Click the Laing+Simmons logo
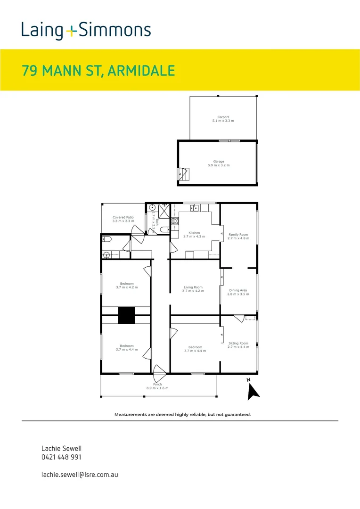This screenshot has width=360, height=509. click(86, 31)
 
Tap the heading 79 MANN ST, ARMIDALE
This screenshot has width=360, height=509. click(98, 71)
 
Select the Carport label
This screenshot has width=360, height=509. click(223, 119)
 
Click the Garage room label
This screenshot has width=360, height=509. click(218, 164)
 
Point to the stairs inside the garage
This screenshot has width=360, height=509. click(183, 174)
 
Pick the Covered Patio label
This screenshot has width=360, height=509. click(123, 219)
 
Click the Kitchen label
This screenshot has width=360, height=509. click(194, 235)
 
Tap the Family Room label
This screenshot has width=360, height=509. click(238, 236)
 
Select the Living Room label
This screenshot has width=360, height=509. click(193, 289)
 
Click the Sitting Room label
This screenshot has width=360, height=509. click(238, 345)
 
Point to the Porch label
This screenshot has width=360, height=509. click(157, 386)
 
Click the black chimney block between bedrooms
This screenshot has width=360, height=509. click(126, 315)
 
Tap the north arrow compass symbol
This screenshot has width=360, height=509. click(253, 390)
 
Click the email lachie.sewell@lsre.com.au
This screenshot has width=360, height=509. click(80, 475)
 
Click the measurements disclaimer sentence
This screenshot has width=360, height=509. click(182, 415)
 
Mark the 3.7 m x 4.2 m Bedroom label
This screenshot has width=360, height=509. click(127, 285)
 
